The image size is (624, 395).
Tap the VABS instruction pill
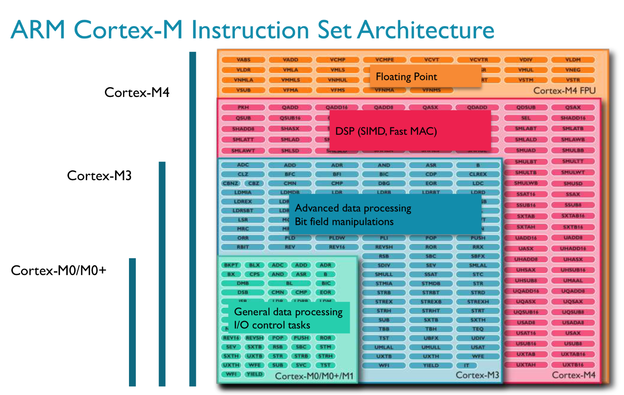(243, 60)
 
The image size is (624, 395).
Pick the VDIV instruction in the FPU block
(526, 60)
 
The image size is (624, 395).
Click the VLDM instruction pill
(573, 60)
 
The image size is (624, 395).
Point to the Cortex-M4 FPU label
(564, 90)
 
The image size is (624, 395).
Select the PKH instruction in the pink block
(243, 107)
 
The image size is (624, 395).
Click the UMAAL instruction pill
(573, 280)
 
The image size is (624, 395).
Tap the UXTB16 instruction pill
(573, 365)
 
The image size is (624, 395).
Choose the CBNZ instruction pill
(230, 183)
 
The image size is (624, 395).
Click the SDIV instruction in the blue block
(384, 265)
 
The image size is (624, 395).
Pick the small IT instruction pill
(467, 365)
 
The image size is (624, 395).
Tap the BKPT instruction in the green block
(231, 265)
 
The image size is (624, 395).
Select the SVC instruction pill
(301, 365)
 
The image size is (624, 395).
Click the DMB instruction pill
(243, 283)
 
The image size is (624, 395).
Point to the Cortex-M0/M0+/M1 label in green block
(314, 376)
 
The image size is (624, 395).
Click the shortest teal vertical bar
(132, 322)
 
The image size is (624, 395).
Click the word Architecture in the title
(426, 30)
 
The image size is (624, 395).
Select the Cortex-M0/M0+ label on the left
(58, 270)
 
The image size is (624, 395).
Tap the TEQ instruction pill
(478, 329)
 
